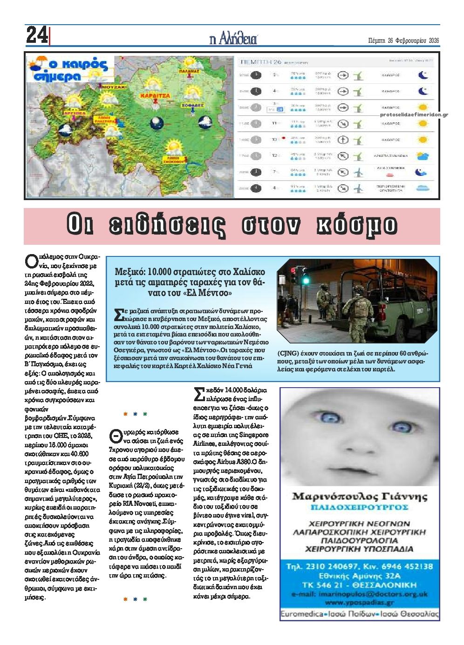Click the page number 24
point(36,35)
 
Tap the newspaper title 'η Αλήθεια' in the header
point(233,39)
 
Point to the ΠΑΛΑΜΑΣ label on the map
point(189,72)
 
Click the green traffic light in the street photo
point(307,281)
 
